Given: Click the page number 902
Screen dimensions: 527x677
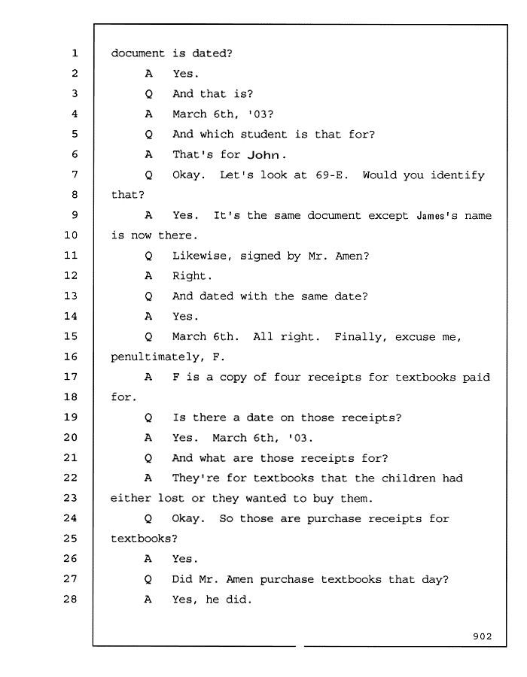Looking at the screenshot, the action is tap(482, 636).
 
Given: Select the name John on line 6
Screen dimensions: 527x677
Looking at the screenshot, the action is tap(263, 154).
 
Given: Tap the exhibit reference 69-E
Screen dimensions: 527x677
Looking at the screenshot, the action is tap(331, 175).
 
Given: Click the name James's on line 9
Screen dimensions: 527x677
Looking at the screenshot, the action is tap(437, 215).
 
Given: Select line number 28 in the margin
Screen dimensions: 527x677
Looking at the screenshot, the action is tap(71, 599).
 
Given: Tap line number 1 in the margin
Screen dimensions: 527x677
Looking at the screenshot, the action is tap(75, 53).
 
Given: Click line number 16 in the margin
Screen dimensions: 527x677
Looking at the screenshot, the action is tap(71, 357).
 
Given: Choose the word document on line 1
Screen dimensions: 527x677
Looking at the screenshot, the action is tap(138, 53).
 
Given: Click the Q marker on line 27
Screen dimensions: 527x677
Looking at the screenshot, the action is tap(148, 579).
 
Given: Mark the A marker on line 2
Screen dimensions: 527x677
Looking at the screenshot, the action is tap(148, 74).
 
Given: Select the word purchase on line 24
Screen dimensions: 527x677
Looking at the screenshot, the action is tap(334, 519).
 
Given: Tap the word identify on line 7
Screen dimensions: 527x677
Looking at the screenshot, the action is tap(458, 175).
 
